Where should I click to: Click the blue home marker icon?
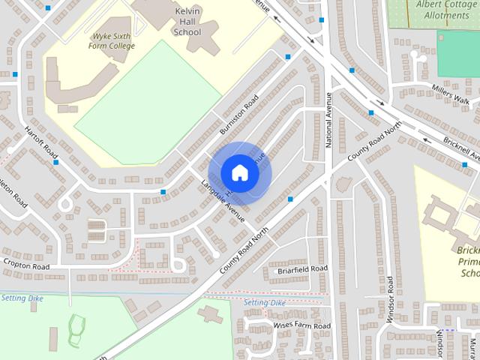(x=240, y=172)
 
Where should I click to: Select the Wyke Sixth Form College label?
(x=114, y=40)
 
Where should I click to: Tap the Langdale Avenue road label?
(x=223, y=202)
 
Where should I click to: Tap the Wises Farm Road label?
(x=302, y=326)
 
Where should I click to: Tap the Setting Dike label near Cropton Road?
(x=22, y=298)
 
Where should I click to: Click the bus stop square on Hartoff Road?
(x=55, y=162)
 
